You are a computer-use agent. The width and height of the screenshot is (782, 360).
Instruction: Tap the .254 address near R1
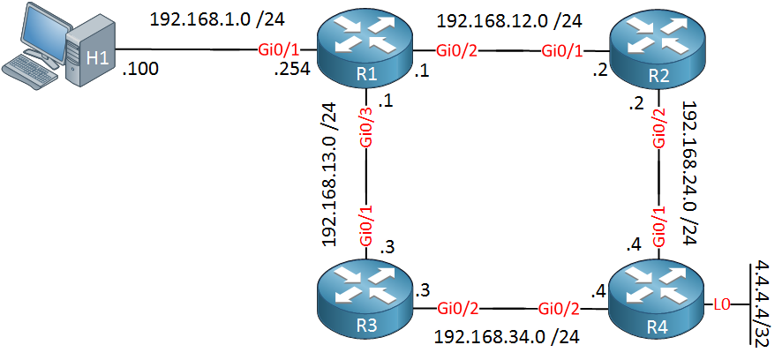pos(294,69)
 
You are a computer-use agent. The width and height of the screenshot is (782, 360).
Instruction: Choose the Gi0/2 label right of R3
pos(459,309)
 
